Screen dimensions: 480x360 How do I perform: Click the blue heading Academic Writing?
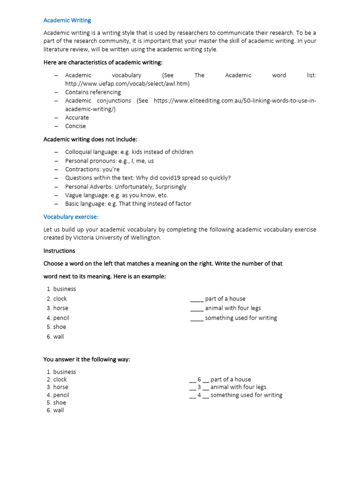(67, 20)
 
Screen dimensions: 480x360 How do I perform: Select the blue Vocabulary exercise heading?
(71, 217)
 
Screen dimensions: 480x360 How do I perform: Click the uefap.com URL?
(127, 83)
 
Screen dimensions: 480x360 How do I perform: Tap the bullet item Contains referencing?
(93, 92)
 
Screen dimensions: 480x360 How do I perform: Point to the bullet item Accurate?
(77, 117)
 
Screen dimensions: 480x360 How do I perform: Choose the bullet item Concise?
(75, 126)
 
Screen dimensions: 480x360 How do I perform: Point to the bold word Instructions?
(59, 251)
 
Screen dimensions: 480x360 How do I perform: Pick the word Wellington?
(145, 238)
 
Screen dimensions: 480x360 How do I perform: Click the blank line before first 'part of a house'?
(197, 299)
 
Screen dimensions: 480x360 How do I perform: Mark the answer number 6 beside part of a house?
(199, 379)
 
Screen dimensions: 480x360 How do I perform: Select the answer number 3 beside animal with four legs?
(199, 387)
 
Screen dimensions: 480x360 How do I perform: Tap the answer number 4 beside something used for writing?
(199, 395)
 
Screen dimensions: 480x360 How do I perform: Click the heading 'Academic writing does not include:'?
(90, 139)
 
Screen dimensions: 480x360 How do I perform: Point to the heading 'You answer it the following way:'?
(87, 360)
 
